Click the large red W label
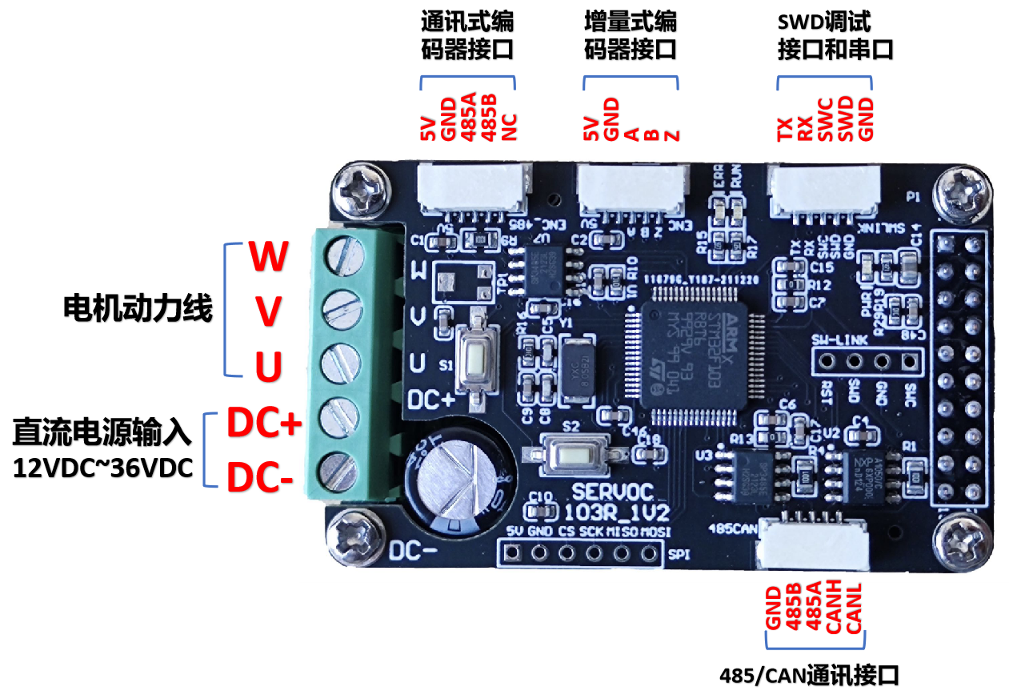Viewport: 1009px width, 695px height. point(268,256)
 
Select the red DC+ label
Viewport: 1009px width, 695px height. point(262,424)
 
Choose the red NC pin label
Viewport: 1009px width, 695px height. point(510,127)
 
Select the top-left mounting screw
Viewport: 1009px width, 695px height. point(355,191)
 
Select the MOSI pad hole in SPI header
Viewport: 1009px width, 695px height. point(649,552)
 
